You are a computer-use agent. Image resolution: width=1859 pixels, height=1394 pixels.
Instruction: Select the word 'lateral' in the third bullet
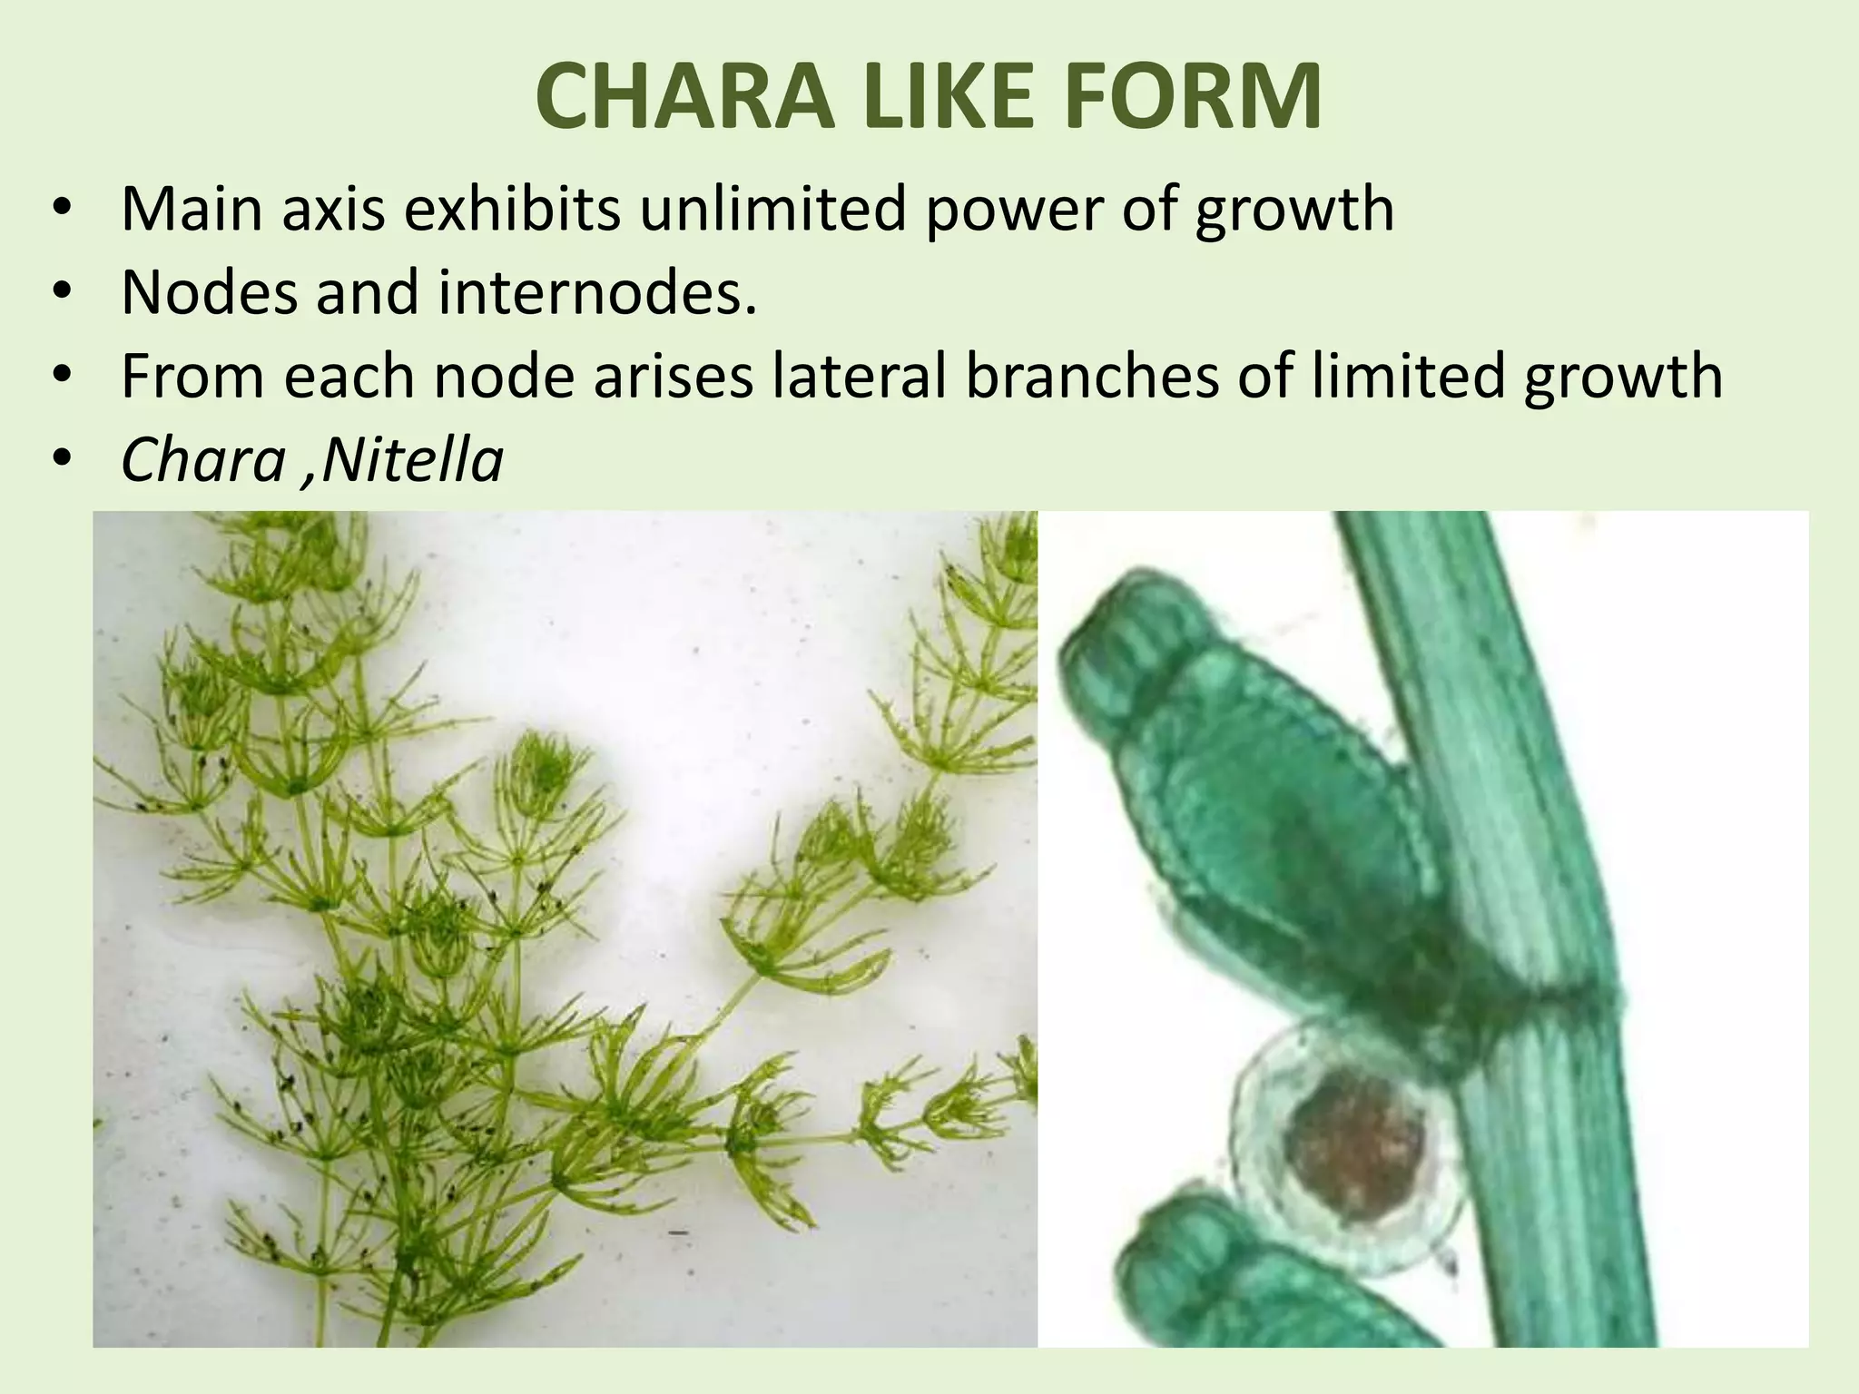tap(857, 376)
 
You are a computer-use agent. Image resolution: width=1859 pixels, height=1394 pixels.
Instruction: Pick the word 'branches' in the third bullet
tap(1092, 376)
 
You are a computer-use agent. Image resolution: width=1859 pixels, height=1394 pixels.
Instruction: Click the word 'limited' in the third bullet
tap(1409, 376)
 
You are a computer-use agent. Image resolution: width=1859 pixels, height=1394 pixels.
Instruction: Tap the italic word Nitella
tap(411, 460)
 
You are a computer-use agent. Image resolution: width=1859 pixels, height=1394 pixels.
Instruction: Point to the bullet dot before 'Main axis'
tap(61, 209)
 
